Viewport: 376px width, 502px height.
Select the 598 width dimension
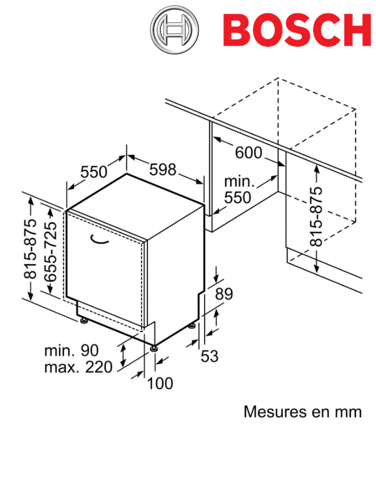[163, 170]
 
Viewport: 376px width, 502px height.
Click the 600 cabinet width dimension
[248, 152]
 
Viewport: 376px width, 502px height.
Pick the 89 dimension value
[224, 294]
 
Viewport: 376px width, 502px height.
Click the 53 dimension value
[209, 356]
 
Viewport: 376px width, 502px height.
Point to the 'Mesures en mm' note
[302, 412]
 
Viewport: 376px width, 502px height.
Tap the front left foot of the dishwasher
[83, 321]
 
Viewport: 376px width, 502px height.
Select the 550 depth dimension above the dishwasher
[94, 172]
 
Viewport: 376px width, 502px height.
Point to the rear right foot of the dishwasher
[193, 326]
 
